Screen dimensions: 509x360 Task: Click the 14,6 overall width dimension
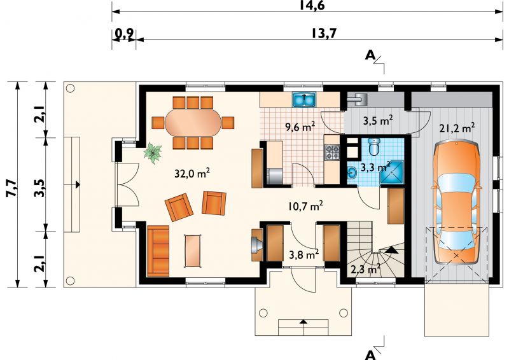(x=312, y=5)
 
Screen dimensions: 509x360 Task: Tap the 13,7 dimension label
(x=324, y=33)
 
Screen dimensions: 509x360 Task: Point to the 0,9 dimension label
(x=124, y=34)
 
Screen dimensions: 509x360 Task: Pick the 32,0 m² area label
(x=192, y=174)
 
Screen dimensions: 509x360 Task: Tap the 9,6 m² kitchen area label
(x=300, y=127)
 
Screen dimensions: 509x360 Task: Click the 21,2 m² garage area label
(x=457, y=128)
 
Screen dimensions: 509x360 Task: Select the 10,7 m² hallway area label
(x=305, y=206)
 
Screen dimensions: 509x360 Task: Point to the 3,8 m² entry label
(x=304, y=254)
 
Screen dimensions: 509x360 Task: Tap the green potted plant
(x=153, y=153)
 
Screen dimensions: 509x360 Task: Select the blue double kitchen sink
(x=304, y=100)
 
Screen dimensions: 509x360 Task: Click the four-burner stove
(x=332, y=152)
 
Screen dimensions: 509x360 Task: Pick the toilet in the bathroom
(x=374, y=147)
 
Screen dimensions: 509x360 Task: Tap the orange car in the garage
(x=456, y=202)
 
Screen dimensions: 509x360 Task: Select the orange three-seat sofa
(x=158, y=251)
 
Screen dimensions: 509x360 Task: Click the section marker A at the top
(x=370, y=56)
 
